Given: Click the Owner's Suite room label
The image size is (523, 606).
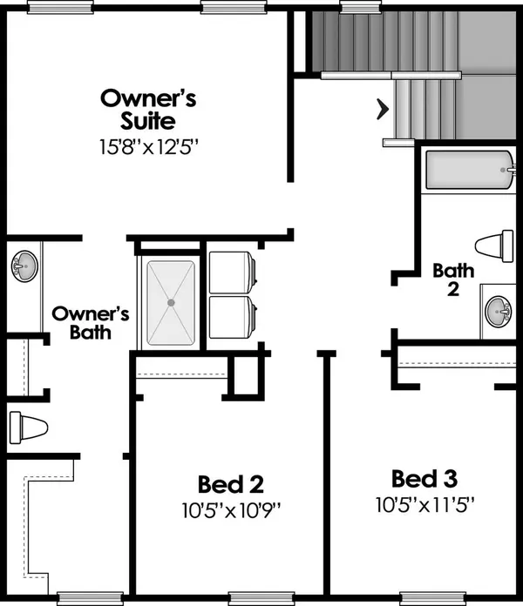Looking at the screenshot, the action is (x=148, y=110).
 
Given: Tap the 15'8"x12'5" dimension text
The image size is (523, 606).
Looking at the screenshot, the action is (x=149, y=147).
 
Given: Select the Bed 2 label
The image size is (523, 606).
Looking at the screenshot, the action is (x=231, y=484).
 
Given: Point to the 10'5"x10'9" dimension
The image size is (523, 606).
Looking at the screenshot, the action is (x=231, y=510).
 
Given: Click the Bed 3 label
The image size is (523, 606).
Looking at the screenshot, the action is (x=425, y=479).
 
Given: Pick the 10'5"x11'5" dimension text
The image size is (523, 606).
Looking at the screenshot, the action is (x=425, y=505).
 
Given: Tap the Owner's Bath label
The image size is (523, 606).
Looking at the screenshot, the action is (x=91, y=323).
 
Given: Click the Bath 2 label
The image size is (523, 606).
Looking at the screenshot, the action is (x=453, y=279).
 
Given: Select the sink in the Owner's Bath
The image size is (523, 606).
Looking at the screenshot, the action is (x=24, y=266).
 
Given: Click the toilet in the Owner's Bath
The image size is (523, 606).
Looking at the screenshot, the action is (x=28, y=428).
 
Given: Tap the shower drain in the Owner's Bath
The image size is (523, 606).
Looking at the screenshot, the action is (x=171, y=303).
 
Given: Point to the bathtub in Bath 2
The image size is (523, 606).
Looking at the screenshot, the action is (x=470, y=170).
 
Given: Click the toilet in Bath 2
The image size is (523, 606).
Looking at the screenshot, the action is (x=494, y=246).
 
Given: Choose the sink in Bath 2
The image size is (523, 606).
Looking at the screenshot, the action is (x=499, y=311).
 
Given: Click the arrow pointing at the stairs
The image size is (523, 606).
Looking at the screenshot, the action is (x=383, y=110).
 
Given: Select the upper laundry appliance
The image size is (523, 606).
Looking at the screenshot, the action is (x=232, y=273).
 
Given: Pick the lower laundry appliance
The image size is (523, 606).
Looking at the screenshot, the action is (x=232, y=317).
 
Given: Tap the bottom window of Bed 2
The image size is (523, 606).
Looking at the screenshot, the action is (x=261, y=598).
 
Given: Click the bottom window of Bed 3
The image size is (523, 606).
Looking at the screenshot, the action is (x=433, y=598).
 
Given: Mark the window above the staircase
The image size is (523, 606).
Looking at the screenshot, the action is (x=361, y=7).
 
